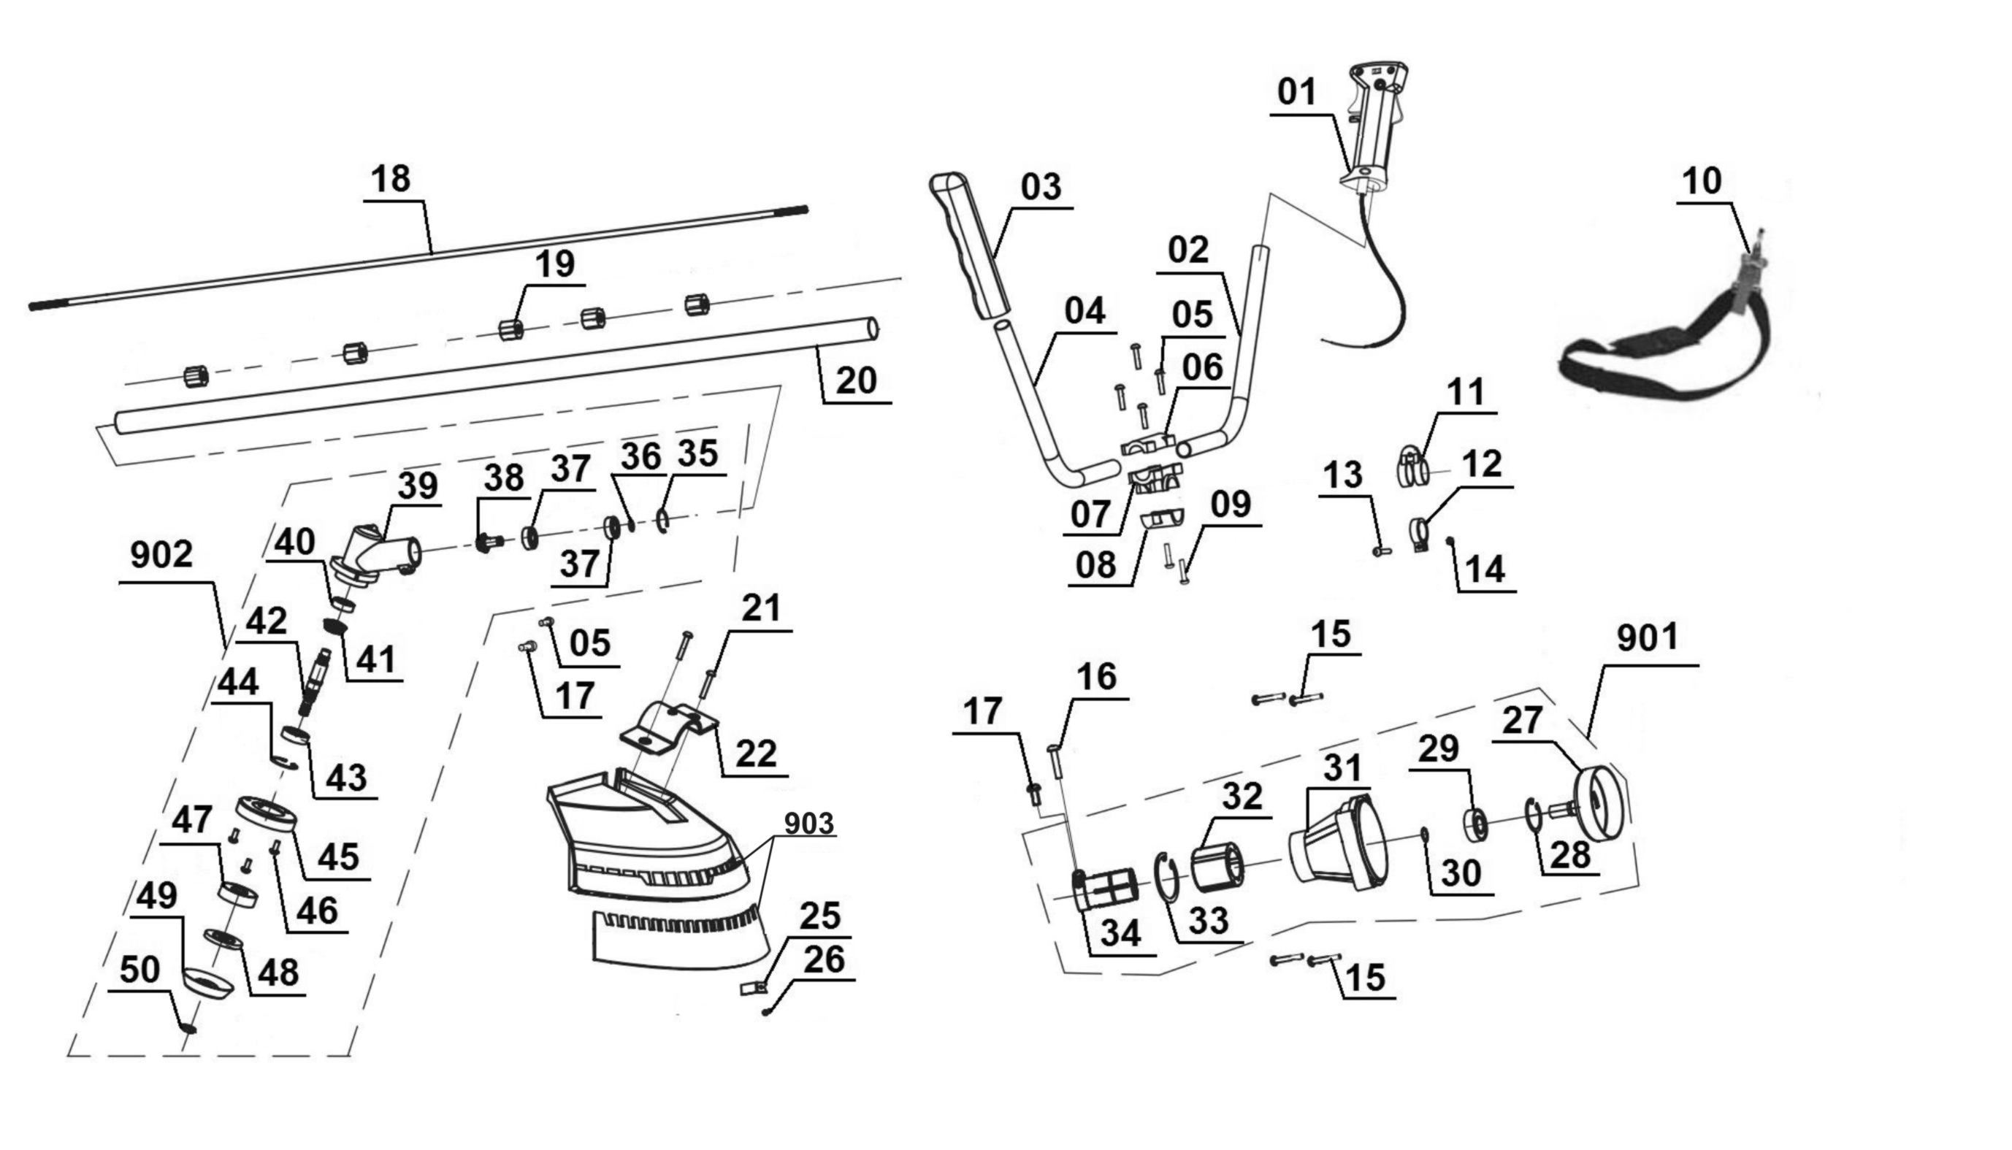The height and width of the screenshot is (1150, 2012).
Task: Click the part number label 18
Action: click(x=390, y=180)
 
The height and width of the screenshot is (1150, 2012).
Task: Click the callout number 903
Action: click(x=809, y=824)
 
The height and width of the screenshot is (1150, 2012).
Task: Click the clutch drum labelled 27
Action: click(x=1599, y=805)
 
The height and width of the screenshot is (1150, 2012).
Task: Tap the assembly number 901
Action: click(x=1647, y=638)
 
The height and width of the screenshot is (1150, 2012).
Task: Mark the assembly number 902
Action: click(x=161, y=555)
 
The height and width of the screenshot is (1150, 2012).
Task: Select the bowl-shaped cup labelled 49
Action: click(x=207, y=983)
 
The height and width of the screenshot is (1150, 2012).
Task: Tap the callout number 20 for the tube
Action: click(x=857, y=381)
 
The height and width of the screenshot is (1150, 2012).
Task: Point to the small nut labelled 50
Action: click(x=188, y=1027)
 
